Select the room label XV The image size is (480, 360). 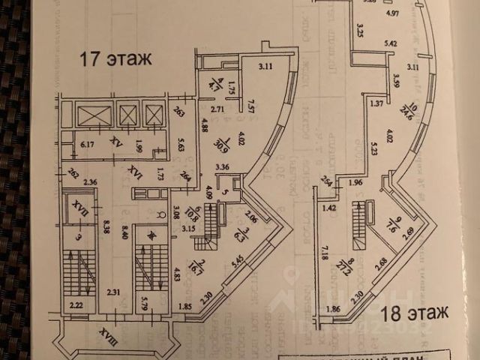115,140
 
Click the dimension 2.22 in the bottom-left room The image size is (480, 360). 76,305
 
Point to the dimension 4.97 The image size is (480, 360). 391,13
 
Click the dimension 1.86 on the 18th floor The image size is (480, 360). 333,308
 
